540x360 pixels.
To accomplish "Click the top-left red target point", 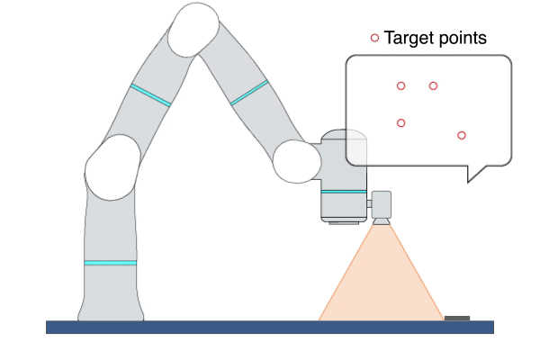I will (x=400, y=85).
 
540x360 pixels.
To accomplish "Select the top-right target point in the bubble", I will (x=433, y=85).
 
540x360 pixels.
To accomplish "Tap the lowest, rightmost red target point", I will (x=462, y=135).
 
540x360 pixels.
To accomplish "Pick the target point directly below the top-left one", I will (x=400, y=122).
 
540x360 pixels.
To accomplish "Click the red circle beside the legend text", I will (x=374, y=38).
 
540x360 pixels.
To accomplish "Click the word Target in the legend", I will (x=407, y=38).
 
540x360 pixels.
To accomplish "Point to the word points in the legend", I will (x=461, y=39).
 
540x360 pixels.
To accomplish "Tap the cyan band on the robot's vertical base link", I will (x=111, y=263).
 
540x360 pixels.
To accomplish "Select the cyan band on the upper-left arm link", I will (x=150, y=95).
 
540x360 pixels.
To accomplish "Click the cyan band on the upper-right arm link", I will (x=249, y=93).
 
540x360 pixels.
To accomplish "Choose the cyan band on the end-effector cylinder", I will (x=344, y=192).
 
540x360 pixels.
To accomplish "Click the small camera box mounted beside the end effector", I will (x=382, y=203).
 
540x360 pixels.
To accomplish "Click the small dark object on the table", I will (x=457, y=318).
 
